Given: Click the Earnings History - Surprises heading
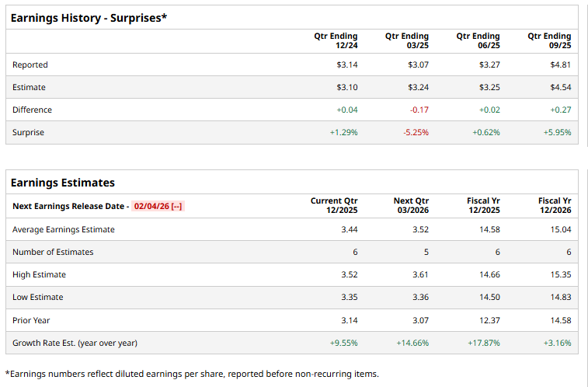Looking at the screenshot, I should [x=89, y=17].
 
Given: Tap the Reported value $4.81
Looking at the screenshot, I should [x=560, y=64].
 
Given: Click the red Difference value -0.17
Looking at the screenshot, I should [x=419, y=110].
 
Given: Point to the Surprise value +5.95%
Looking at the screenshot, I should [x=557, y=132].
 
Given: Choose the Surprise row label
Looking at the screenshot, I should [x=28, y=132].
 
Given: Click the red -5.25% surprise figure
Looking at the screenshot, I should [x=416, y=132].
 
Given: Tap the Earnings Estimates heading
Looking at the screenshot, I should [x=62, y=183].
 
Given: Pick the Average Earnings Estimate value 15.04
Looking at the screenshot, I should [x=560, y=229].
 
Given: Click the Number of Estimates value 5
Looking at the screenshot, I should [x=426, y=252].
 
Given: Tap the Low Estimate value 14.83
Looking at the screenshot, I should [x=560, y=297].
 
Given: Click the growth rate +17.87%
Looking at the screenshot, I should [x=484, y=342].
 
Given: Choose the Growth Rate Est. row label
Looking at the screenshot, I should [x=75, y=342].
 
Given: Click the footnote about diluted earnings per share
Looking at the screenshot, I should [x=192, y=374].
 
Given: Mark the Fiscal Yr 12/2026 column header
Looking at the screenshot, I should [x=555, y=205].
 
